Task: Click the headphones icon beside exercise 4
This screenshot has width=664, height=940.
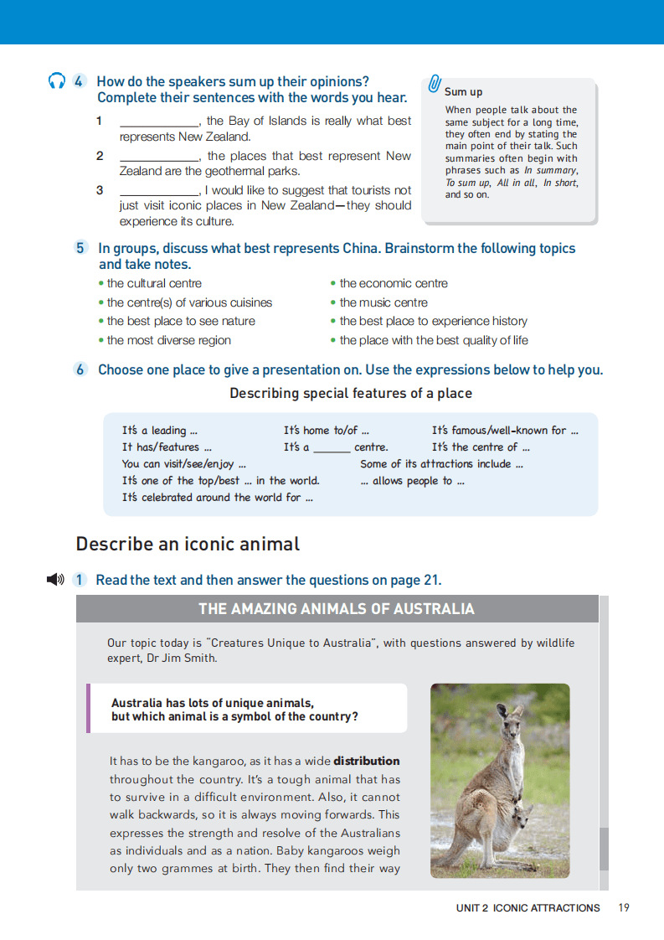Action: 57,81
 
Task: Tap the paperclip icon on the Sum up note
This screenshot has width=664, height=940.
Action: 435,83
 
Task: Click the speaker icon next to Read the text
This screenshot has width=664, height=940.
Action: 55,580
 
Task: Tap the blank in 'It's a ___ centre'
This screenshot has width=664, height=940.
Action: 332,449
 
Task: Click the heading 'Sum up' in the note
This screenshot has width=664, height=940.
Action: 463,92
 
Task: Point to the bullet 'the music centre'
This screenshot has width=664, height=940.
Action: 383,302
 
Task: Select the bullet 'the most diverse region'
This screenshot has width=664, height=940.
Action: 168,340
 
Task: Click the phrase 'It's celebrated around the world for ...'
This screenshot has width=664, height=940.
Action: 217,498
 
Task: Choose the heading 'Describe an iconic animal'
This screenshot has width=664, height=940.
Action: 188,544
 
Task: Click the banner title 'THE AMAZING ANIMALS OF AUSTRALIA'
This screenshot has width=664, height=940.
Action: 337,609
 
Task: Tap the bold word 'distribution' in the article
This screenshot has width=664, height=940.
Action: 367,762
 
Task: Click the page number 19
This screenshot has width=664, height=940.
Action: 623,907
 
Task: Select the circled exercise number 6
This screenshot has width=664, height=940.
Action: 80,369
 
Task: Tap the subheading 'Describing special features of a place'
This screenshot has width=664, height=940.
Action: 351,393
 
